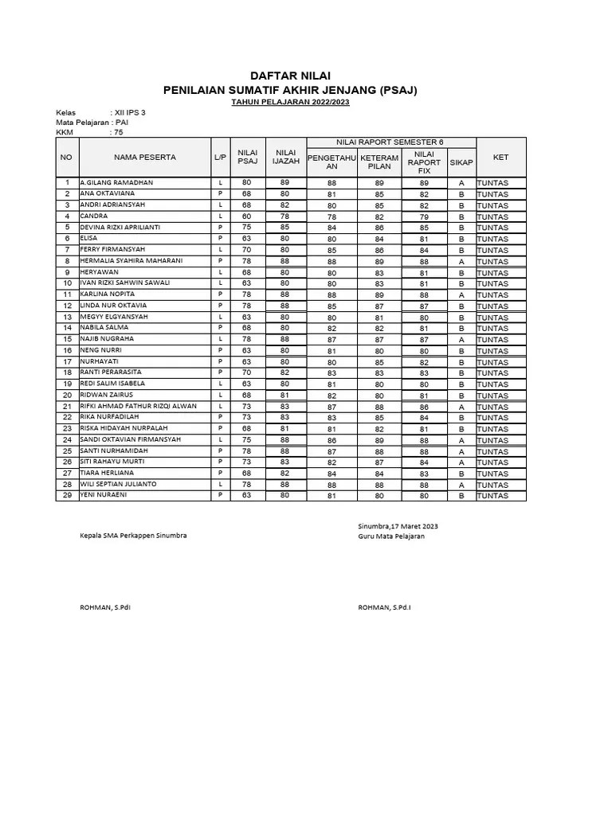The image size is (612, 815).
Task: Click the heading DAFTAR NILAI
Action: tap(290, 75)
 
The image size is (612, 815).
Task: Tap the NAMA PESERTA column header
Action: tap(145, 158)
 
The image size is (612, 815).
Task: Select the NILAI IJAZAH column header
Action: tap(285, 158)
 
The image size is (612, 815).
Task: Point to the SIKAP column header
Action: tap(461, 162)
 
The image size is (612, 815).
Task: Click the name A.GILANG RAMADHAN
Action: tap(116, 183)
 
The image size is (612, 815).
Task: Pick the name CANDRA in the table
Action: tap(94, 216)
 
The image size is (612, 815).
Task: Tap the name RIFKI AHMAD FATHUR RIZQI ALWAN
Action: tap(139, 406)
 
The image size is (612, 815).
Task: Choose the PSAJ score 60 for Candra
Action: tap(246, 216)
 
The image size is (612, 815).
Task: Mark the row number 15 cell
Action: tap(68, 339)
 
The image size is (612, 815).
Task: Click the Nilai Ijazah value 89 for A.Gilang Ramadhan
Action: tap(285, 183)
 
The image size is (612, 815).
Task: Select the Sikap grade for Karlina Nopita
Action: tap(461, 294)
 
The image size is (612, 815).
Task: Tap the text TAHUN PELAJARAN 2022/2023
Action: tap(290, 103)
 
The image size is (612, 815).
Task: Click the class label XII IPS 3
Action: tap(131, 113)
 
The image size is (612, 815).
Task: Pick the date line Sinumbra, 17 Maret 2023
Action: tap(398, 527)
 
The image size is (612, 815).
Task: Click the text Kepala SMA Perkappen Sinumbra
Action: tap(133, 536)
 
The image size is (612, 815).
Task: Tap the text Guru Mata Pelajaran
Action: tap(391, 536)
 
